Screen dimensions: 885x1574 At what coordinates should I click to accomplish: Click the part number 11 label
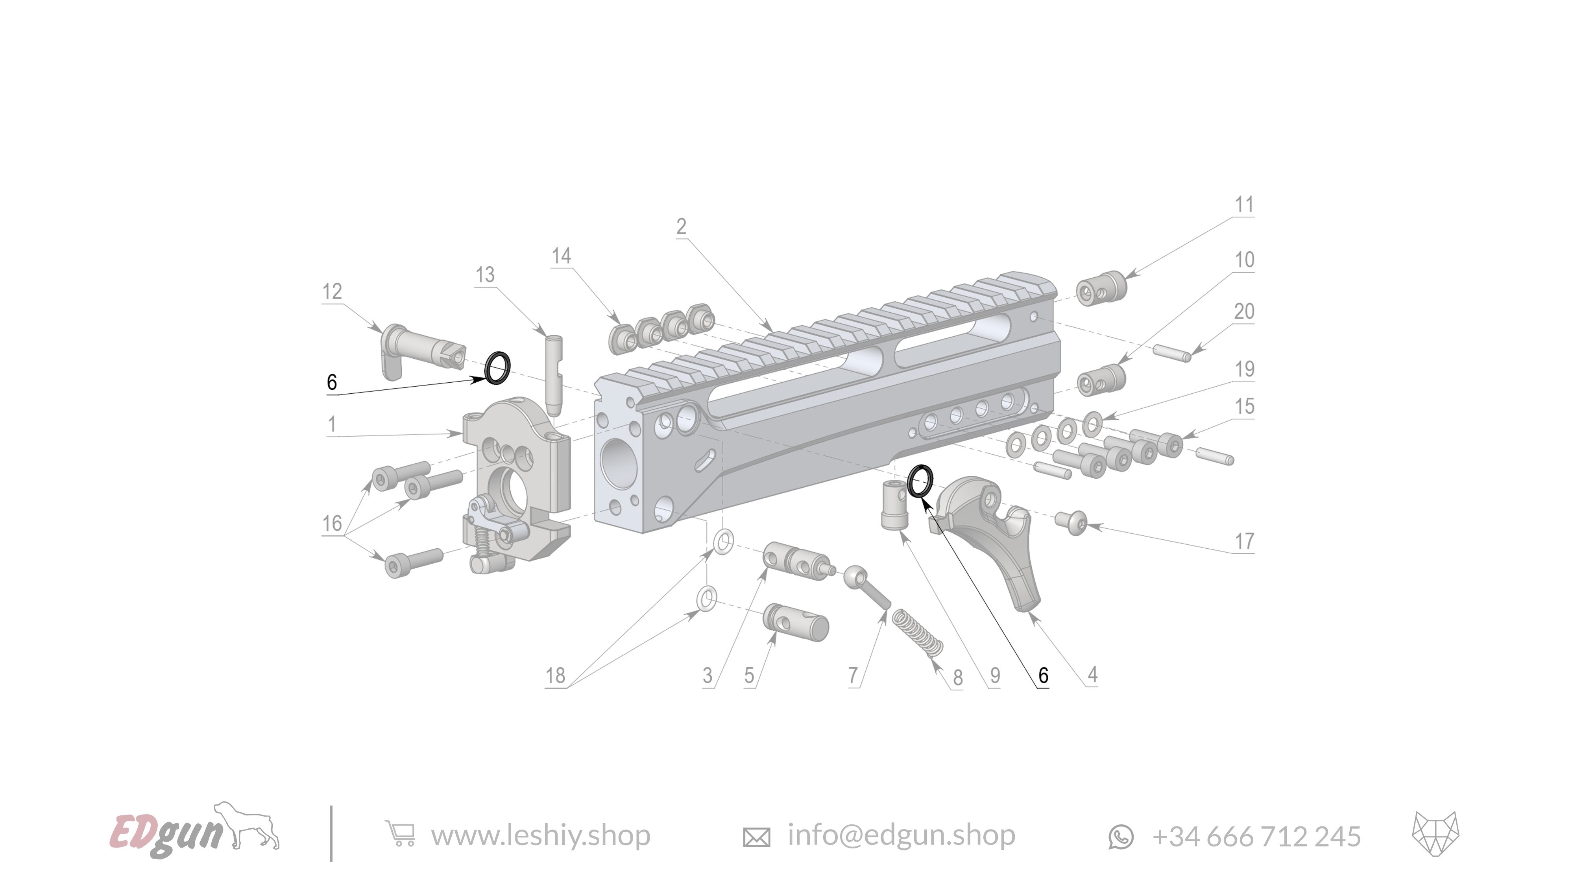(1244, 205)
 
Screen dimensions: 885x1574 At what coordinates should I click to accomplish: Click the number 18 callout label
(555, 675)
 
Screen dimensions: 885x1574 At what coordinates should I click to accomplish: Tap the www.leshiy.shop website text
(540, 835)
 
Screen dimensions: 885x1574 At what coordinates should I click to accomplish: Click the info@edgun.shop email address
(901, 835)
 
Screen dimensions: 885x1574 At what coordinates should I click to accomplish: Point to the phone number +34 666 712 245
(1256, 836)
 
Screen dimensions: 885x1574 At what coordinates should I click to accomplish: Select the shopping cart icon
(400, 834)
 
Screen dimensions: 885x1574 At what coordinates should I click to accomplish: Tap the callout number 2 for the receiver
(681, 227)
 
